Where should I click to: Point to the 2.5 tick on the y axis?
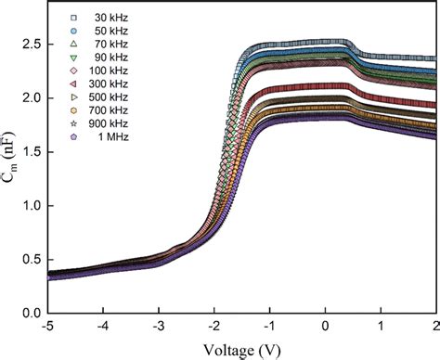tap(32, 45)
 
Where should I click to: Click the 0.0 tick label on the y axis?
tap(32, 314)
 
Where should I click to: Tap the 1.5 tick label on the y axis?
tap(32, 152)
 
